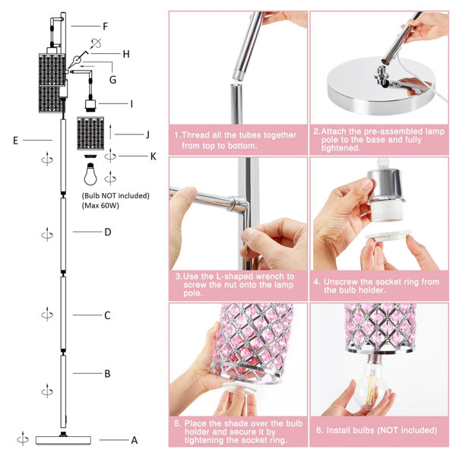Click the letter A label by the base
(x=134, y=440)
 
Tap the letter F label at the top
(x=106, y=27)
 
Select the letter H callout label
(x=126, y=54)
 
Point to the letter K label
(x=154, y=157)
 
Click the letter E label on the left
(x=16, y=141)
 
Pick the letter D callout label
(x=108, y=232)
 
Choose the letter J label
(x=147, y=135)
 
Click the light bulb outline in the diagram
(x=90, y=174)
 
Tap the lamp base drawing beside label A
(x=63, y=440)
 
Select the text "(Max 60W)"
(x=100, y=206)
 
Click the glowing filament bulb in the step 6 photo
(x=372, y=382)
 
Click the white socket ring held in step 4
(x=388, y=236)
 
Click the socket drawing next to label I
(x=90, y=106)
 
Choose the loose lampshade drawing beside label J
(x=90, y=134)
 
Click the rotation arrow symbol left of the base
(x=23, y=439)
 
